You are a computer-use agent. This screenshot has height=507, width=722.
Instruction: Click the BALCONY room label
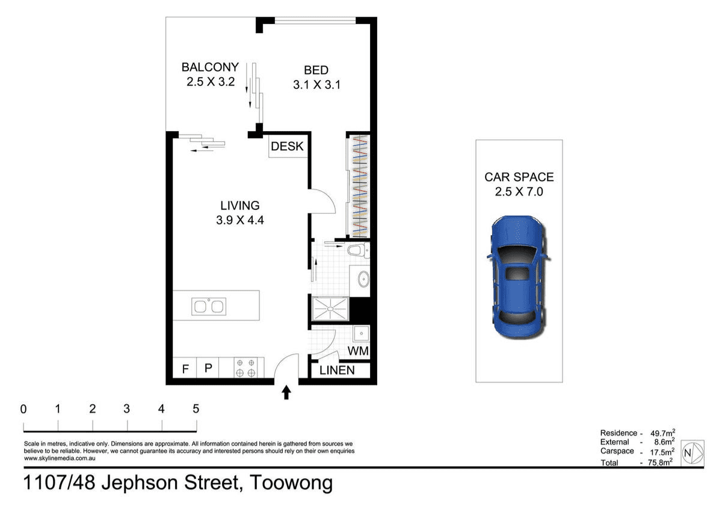[x=210, y=67]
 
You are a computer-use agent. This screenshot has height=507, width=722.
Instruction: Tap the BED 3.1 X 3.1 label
[x=316, y=78]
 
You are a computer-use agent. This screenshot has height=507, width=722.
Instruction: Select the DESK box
[x=287, y=146]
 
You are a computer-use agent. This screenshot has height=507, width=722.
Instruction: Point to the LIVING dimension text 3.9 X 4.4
[x=240, y=220]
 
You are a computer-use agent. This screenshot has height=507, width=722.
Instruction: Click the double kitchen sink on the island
[x=209, y=306]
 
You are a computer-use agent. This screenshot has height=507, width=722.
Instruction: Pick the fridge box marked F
[x=185, y=367]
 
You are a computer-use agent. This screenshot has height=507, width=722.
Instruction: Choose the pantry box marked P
[x=208, y=367]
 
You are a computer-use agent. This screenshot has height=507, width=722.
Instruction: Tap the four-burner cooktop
[x=245, y=368]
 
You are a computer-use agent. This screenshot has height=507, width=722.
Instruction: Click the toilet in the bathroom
[x=358, y=250]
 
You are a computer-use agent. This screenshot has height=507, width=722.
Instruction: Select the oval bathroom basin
[x=364, y=278]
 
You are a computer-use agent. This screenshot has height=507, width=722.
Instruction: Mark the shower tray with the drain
[x=330, y=309]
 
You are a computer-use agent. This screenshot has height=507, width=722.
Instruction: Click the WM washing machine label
[x=358, y=351]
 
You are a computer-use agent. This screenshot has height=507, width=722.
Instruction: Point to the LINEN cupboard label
[x=337, y=370]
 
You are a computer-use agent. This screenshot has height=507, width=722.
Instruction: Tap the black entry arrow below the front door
[x=286, y=393]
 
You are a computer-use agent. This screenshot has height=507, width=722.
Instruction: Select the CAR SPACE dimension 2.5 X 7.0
[x=519, y=192]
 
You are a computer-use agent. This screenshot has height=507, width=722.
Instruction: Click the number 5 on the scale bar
[x=196, y=409]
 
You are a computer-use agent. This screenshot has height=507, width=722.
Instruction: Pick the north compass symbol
[x=693, y=452]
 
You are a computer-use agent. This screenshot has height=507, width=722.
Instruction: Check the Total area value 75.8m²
[x=660, y=462]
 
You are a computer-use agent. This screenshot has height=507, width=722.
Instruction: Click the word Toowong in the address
[x=291, y=483]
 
